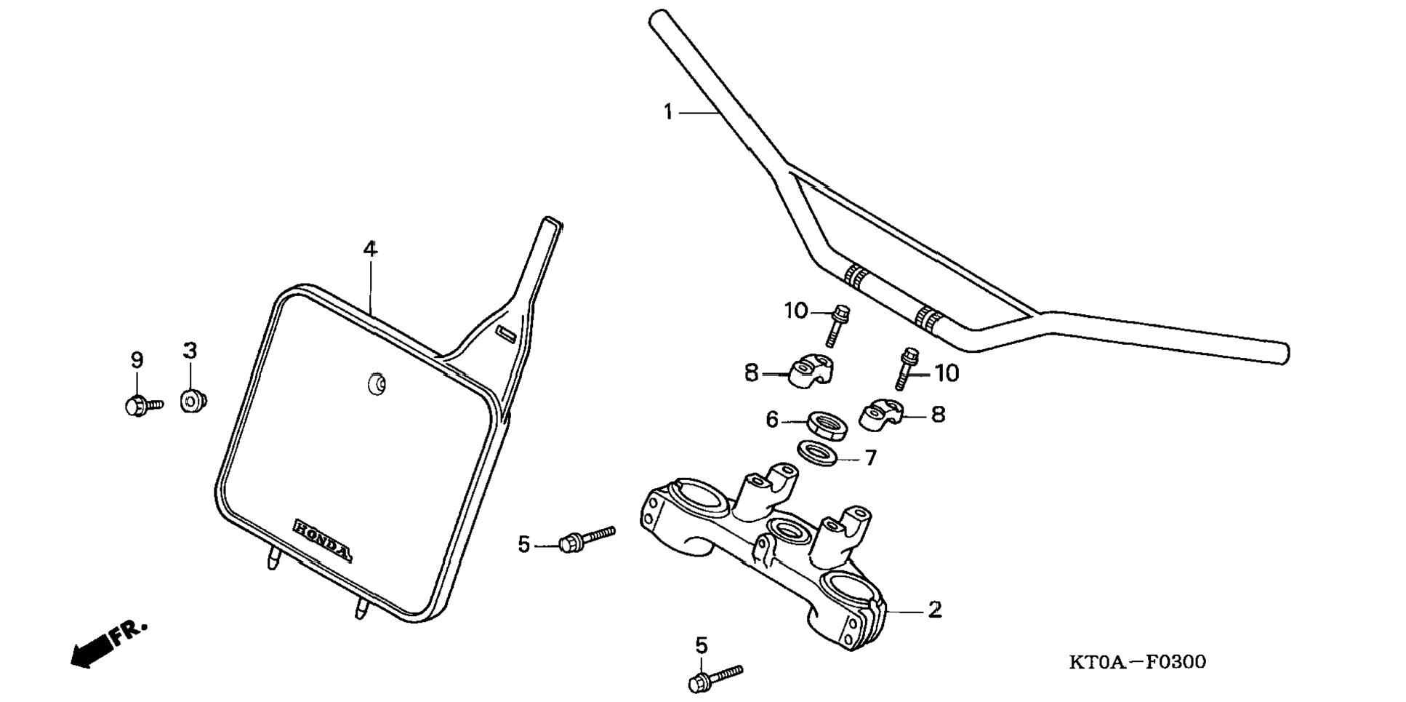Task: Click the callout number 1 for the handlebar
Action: tap(668, 113)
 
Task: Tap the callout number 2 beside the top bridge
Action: tap(934, 610)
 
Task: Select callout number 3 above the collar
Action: tap(190, 351)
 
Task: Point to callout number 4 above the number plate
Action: tap(371, 250)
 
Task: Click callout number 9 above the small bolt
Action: tap(137, 360)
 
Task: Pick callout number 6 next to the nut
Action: tap(772, 420)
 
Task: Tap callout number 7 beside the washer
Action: tap(870, 458)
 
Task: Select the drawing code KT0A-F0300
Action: tap(1137, 662)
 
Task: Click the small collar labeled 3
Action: tap(193, 401)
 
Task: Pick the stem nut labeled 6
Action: tap(827, 425)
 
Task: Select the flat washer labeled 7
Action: tap(817, 453)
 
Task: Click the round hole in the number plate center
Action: tap(377, 385)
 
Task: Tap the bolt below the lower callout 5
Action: tap(714, 677)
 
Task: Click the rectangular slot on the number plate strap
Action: tap(505, 334)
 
